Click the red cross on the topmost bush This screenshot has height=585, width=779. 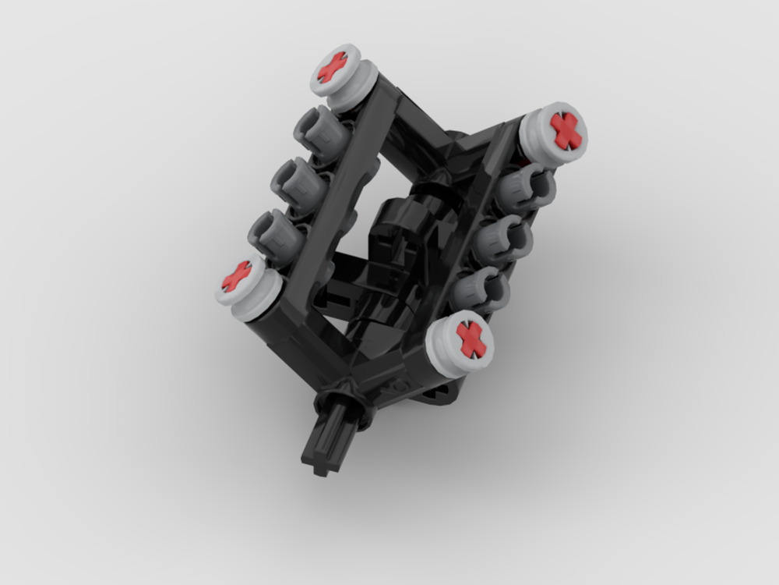(x=332, y=68)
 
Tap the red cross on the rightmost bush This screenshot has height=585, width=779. (x=566, y=130)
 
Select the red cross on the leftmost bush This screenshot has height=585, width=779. (x=236, y=276)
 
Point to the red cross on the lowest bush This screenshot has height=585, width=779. (x=471, y=340)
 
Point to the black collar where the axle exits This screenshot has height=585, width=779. (x=340, y=399)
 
